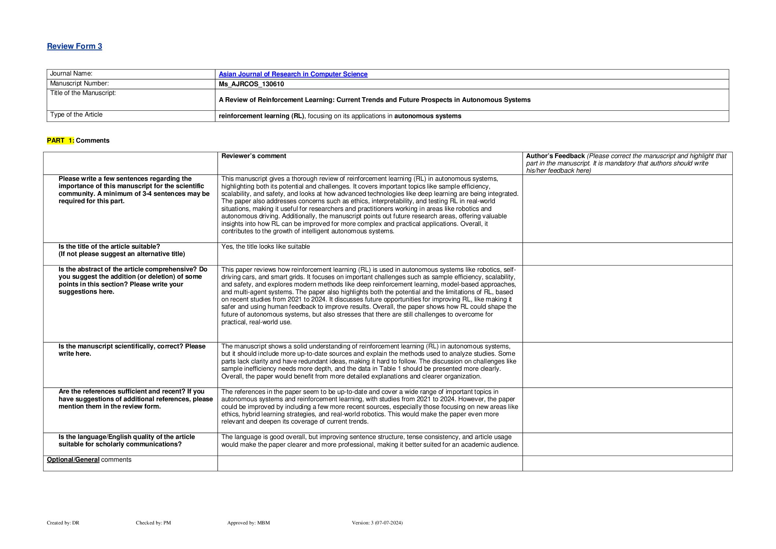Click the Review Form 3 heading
point(74,46)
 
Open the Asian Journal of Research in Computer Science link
point(293,74)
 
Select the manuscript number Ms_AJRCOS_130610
point(251,84)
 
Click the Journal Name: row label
point(71,74)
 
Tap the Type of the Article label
point(76,115)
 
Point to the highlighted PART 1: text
point(60,140)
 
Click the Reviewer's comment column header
point(254,156)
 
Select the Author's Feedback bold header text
point(555,156)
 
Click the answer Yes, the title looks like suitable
point(265,247)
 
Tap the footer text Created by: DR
point(63,523)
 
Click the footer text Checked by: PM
point(153,523)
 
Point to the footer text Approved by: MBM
point(248,523)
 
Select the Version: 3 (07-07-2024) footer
point(377,523)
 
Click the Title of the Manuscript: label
point(83,93)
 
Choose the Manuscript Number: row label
point(79,84)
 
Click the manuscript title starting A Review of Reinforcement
point(374,100)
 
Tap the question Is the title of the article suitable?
point(109,247)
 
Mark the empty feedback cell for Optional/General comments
point(627,464)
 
